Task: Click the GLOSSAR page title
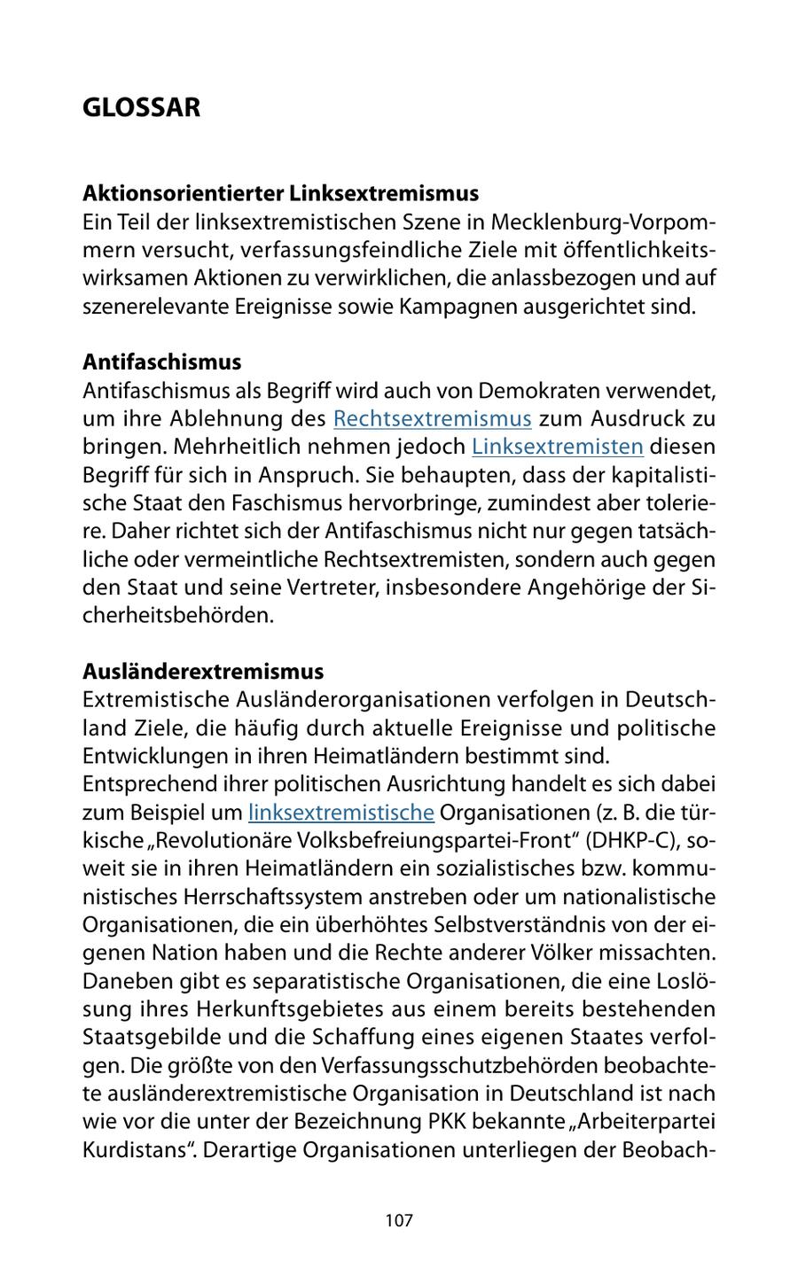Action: click(x=141, y=108)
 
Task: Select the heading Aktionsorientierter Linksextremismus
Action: click(x=280, y=193)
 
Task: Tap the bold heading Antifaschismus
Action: click(x=161, y=362)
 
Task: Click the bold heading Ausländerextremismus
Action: click(x=203, y=672)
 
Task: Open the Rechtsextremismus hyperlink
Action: click(x=432, y=418)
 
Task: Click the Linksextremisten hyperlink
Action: click(x=557, y=447)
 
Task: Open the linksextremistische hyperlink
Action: click(x=340, y=813)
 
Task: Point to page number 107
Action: click(x=399, y=1221)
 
